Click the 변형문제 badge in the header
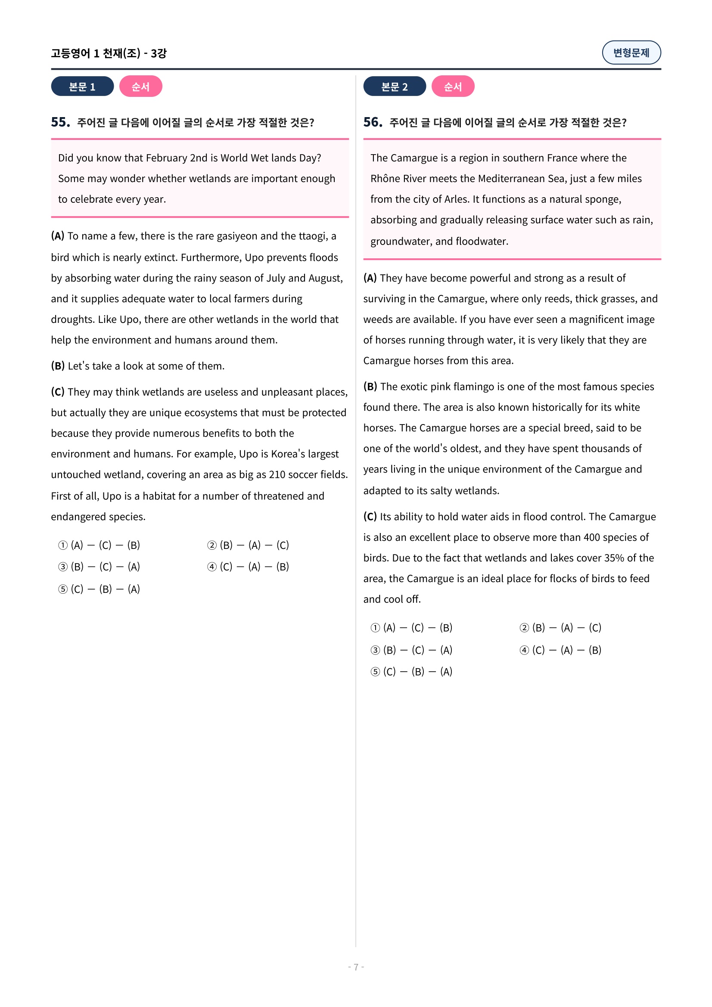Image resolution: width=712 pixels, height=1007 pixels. (631, 53)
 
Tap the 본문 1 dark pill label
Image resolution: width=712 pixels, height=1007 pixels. (82, 87)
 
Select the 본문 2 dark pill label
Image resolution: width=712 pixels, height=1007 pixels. (394, 87)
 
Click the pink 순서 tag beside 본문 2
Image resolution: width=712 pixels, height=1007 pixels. (452, 87)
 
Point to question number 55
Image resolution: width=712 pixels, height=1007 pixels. (60, 122)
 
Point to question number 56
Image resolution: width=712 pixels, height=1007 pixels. (373, 122)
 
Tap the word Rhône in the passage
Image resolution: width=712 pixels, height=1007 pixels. (385, 179)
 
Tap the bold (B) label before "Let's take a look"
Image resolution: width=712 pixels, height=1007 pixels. (58, 366)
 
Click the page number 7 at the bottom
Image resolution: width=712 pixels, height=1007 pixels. (356, 967)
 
